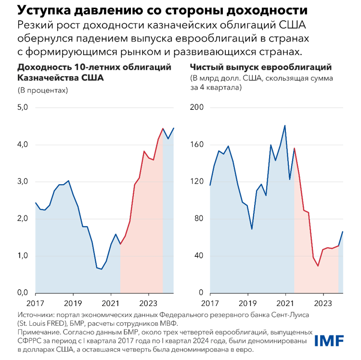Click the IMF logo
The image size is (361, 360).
329,340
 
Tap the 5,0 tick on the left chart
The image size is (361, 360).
23,107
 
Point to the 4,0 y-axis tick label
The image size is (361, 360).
23,145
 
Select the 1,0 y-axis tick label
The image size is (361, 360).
23,256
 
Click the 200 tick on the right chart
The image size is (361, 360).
197,107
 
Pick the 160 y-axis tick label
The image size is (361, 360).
197,145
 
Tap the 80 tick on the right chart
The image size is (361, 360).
199,219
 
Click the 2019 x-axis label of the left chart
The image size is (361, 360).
73,304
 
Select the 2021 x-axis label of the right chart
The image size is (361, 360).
285,304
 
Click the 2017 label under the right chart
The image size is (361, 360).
210,304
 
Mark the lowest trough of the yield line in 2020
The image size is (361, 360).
102,269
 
